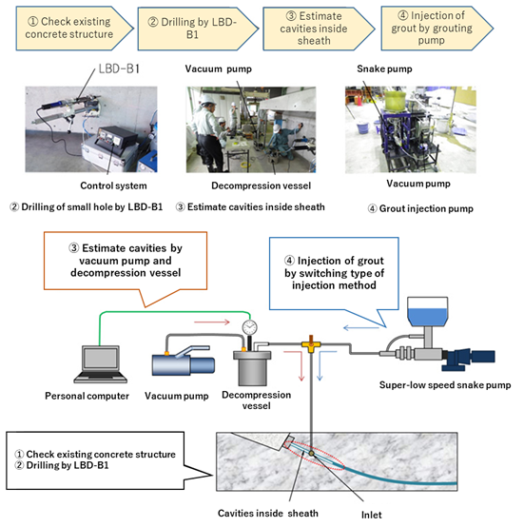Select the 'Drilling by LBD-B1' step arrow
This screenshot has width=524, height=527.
tap(198, 29)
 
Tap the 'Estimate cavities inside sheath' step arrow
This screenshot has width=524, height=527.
tap(319, 29)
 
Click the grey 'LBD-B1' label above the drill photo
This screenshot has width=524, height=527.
tap(119, 68)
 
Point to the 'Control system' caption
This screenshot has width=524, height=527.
tap(113, 185)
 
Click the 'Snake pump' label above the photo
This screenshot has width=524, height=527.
tap(384, 68)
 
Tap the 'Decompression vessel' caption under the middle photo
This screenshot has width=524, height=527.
tap(261, 185)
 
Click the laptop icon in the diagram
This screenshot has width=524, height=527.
tap(101, 364)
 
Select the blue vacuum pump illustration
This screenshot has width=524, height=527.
tap(184, 361)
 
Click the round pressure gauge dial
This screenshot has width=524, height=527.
tap(249, 327)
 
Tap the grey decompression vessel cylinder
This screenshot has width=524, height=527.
tap(252, 368)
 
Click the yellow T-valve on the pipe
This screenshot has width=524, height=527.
tap(311, 344)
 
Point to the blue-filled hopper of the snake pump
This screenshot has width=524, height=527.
tap(427, 312)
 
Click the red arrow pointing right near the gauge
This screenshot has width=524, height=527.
tap(212, 322)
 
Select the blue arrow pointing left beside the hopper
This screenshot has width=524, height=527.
tap(360, 327)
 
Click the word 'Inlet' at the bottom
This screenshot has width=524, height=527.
tap(372, 515)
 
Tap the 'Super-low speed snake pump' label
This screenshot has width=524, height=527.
tap(445, 385)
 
